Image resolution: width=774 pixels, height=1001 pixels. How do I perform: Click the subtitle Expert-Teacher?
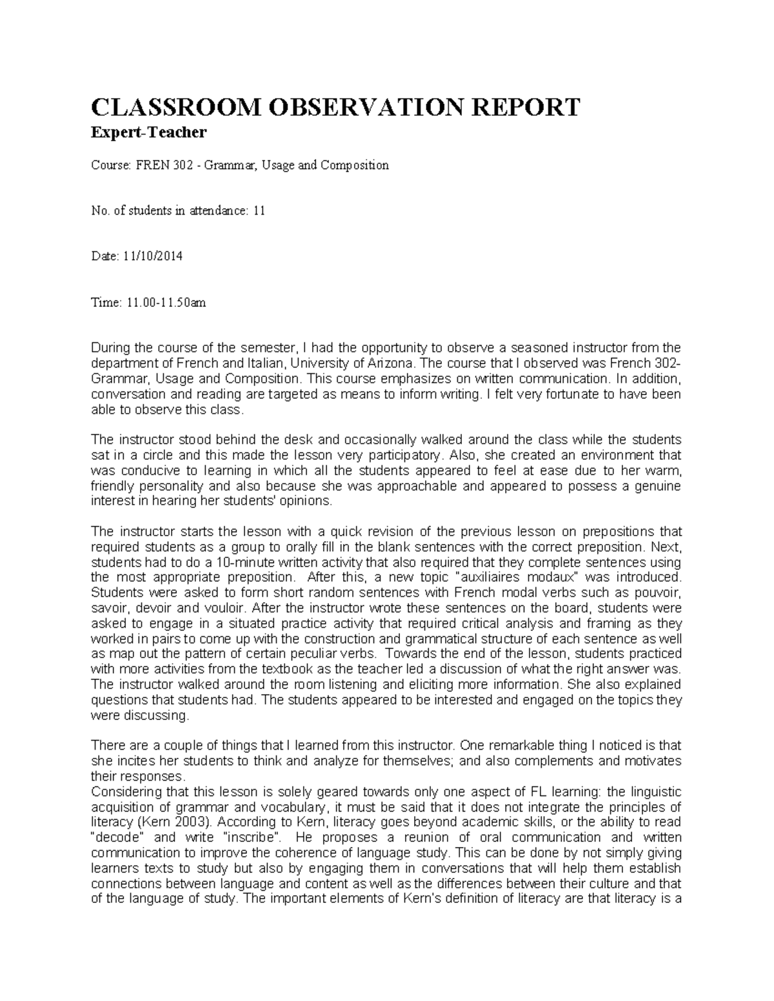(150, 133)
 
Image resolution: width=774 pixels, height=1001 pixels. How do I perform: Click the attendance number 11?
(259, 211)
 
